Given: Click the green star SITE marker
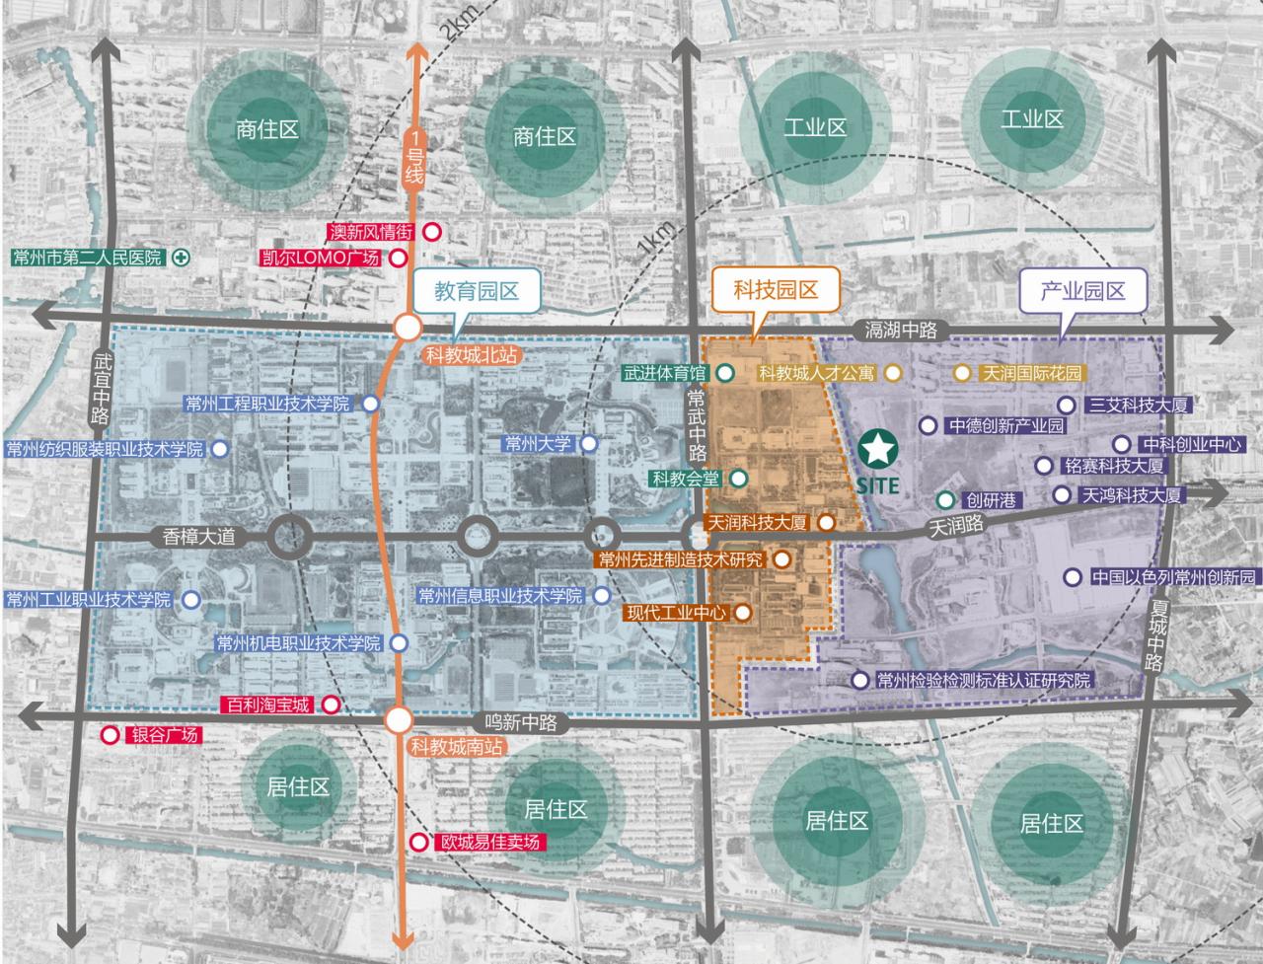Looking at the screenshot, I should (x=877, y=451).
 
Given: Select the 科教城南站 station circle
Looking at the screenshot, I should (x=398, y=720).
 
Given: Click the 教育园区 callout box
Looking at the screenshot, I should (x=476, y=290).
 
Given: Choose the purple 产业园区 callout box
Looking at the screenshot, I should (x=1082, y=290).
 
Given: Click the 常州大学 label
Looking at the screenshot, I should (x=538, y=444).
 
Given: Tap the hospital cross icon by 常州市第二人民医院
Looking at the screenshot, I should (x=181, y=258).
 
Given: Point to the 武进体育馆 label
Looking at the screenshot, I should (x=665, y=374).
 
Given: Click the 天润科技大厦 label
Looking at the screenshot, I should (x=758, y=523).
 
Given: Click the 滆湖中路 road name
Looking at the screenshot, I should (x=901, y=330).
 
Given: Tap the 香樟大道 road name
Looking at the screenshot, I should (x=200, y=537).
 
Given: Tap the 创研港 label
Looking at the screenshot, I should (x=990, y=500).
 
